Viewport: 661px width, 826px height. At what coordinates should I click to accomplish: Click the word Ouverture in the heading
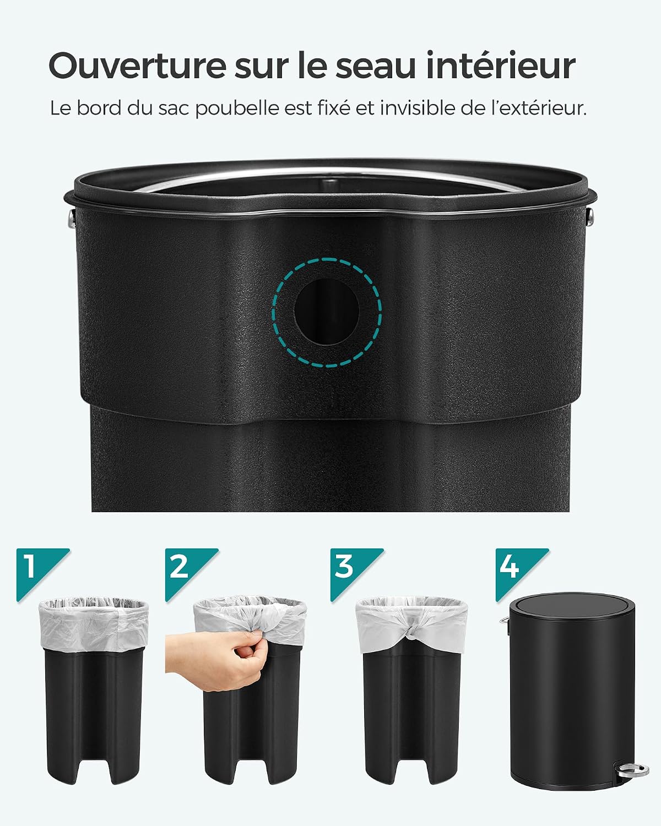coord(138,66)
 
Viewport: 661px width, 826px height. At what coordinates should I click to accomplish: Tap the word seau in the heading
coord(376,66)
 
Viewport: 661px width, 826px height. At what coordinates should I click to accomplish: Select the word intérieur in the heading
coord(501,66)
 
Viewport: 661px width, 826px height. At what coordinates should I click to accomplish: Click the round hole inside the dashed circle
coord(327,312)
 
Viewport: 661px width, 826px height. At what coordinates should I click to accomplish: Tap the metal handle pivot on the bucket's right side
coord(590,216)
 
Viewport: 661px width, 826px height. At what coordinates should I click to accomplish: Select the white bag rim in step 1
coord(94,624)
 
